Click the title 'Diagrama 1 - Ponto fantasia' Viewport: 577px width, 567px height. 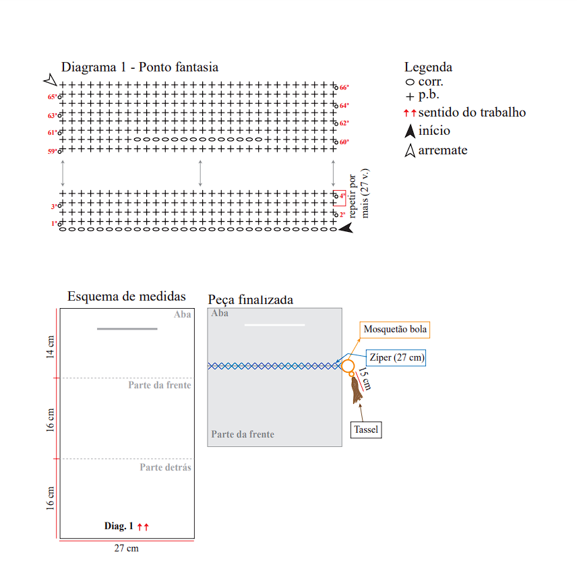140,67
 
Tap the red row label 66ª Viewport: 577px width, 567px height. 344,88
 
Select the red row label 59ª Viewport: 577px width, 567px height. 53,151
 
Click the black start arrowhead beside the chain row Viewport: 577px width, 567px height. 346,228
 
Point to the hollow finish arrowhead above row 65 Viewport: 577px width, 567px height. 51,80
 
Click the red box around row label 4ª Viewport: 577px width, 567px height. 340,198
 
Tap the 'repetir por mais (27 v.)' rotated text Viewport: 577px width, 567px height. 359,194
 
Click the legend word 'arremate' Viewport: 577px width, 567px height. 443,150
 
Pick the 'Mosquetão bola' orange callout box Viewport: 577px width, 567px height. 395,329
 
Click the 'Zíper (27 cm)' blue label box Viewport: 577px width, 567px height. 396,357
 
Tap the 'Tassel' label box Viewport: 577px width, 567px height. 366,429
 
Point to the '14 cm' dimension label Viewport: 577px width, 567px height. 50,347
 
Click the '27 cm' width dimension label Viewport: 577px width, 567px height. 126,548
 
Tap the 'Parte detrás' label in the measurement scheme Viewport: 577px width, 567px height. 165,467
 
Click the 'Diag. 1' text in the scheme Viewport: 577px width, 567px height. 119,526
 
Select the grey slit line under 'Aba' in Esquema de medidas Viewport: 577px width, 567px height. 127,328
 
